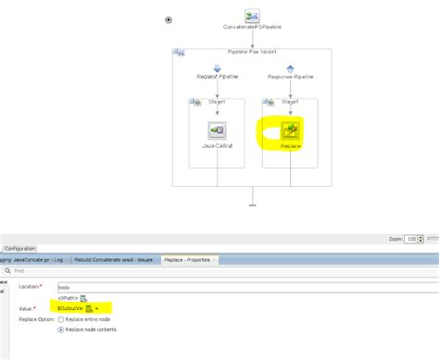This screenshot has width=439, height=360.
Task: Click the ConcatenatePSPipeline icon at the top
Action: pos(252,16)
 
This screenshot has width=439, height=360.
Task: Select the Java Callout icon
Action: pos(217,130)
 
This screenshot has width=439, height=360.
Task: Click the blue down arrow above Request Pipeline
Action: pos(217,68)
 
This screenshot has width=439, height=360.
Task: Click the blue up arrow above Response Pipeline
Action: pos(290,68)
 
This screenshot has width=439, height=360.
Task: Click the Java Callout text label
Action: pos(217,146)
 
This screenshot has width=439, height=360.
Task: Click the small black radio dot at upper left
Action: pos(168,19)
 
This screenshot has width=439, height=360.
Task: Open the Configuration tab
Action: pos(19,249)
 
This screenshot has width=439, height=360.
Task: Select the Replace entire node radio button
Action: pos(61,319)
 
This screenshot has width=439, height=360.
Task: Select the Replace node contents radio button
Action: pos(61,329)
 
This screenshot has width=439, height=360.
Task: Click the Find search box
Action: pos(93,271)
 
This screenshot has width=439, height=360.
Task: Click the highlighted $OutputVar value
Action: pos(70,307)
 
